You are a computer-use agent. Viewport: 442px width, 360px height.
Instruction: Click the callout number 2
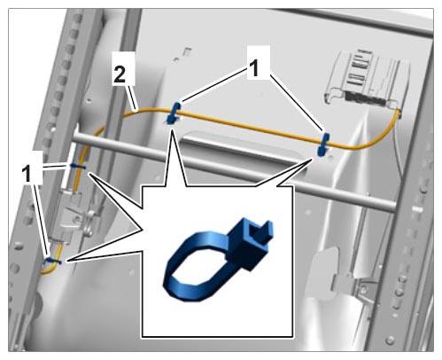(x=120, y=74)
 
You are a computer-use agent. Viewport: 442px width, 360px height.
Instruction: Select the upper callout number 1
(x=253, y=68)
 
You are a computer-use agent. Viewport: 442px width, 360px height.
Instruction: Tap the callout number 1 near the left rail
(x=27, y=174)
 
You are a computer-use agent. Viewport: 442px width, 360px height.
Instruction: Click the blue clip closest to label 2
(x=174, y=113)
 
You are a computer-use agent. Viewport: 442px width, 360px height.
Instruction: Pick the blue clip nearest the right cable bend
(x=323, y=144)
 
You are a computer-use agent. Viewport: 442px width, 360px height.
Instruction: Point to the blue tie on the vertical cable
(x=78, y=167)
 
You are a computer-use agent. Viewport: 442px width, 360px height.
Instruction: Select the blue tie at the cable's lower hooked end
(x=52, y=261)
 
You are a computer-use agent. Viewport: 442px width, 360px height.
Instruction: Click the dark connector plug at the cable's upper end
(x=365, y=98)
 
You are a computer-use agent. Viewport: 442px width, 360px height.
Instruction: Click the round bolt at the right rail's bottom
(x=391, y=340)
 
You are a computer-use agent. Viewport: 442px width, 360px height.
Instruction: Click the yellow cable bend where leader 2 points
(x=136, y=111)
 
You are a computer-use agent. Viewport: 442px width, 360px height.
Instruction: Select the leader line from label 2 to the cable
(x=132, y=98)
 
